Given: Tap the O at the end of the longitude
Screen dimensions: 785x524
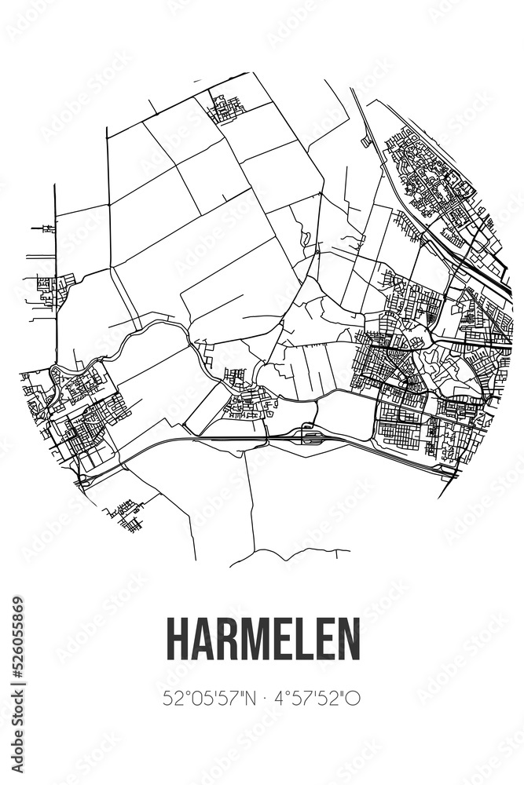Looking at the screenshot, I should coord(354,697).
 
